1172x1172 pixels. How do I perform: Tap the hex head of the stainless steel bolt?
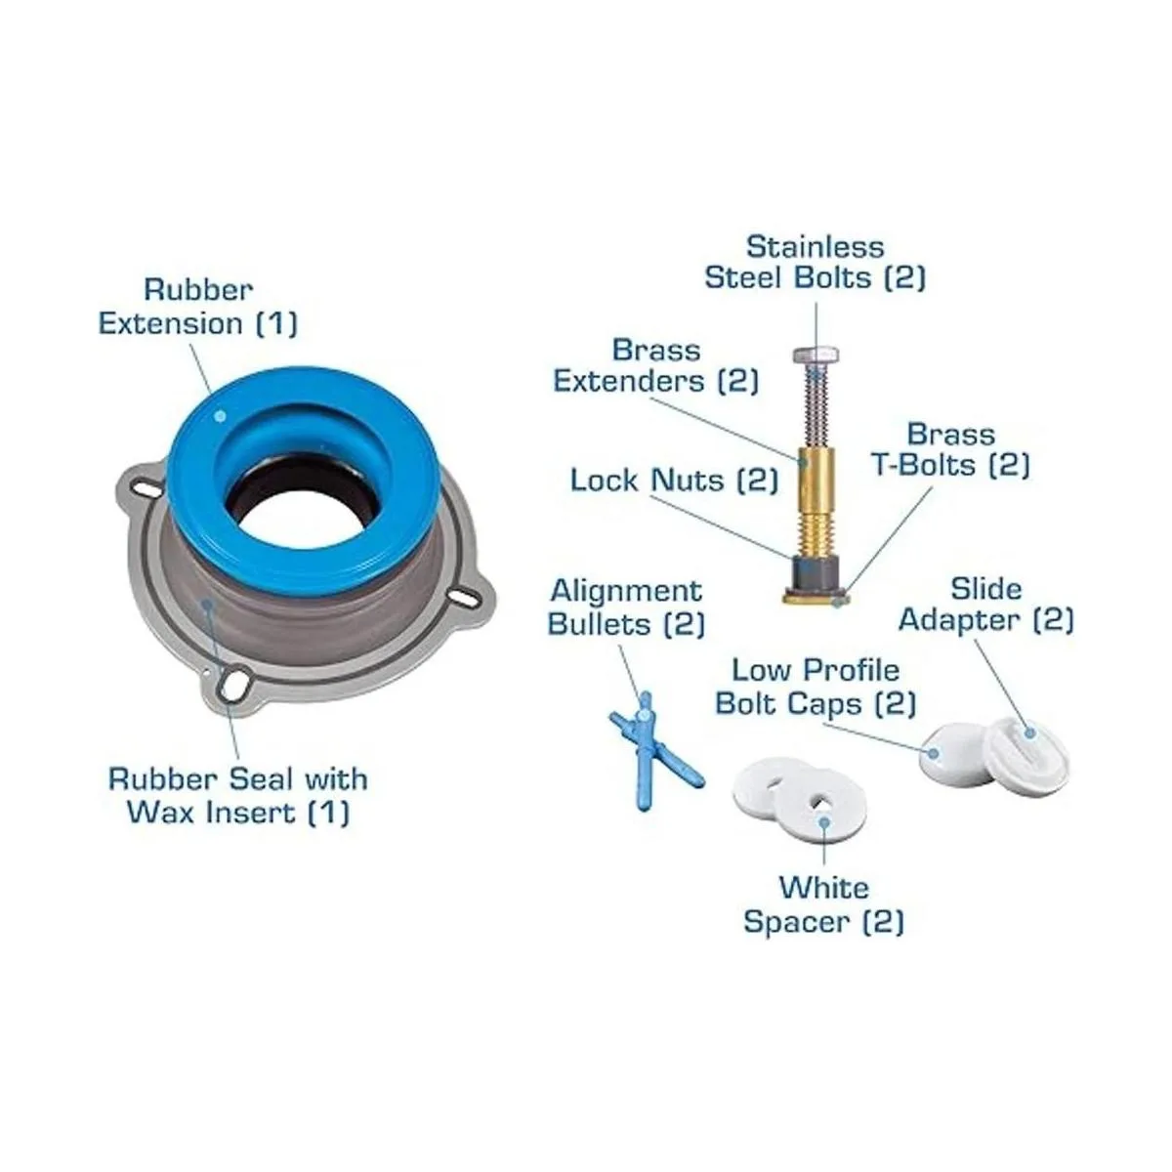click(815, 356)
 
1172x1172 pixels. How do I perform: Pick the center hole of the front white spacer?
click(820, 801)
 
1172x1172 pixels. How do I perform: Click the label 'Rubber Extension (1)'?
click(198, 307)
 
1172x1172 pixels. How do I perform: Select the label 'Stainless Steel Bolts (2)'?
click(815, 262)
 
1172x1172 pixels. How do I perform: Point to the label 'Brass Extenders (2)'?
click(655, 366)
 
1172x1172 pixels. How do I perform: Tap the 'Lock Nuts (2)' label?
click(674, 481)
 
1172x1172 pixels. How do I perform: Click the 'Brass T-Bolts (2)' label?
click(951, 450)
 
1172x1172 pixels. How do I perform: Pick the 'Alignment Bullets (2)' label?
click(626, 607)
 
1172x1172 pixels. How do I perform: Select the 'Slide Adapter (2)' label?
click(985, 606)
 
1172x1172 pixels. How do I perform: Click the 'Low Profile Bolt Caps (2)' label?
click(815, 688)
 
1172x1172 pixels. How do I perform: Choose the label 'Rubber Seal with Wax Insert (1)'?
click(237, 796)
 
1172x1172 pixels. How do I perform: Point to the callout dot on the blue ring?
click(221, 416)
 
